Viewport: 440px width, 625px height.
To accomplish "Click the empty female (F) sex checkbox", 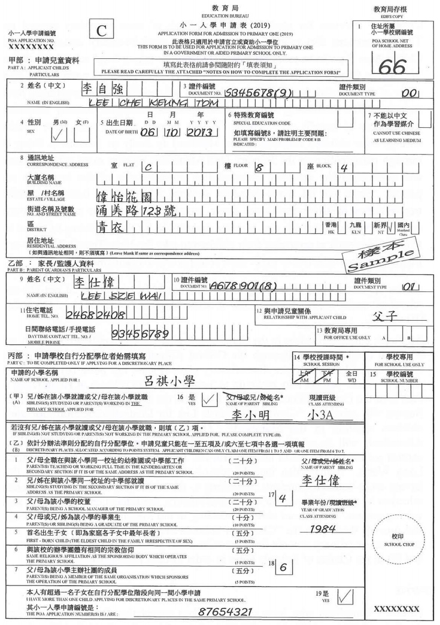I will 82,135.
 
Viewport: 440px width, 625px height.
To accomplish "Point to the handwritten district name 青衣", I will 109,227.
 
